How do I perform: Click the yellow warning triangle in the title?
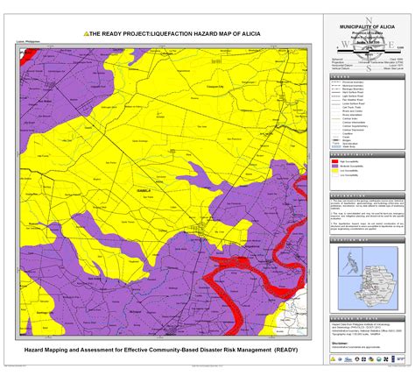(87, 32)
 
